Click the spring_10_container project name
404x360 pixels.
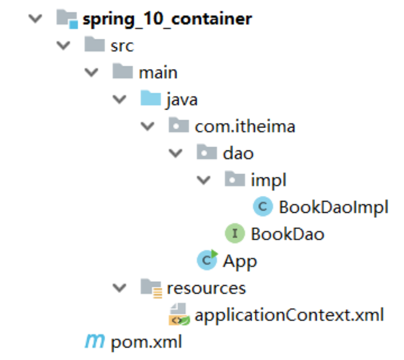tap(167, 20)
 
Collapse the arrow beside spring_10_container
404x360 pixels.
tap(35, 19)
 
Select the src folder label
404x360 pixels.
tap(122, 46)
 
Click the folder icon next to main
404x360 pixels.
tap(123, 71)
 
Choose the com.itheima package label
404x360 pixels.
tap(245, 127)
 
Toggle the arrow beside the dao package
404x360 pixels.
tap(176, 153)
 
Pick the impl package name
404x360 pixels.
tap(268, 180)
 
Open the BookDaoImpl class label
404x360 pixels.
tap(334, 208)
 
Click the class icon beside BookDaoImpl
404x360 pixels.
tap(263, 206)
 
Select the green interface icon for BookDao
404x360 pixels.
tap(235, 233)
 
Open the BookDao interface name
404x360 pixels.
tap(288, 234)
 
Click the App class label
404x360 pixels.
tap(240, 262)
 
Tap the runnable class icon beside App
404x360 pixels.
tap(207, 260)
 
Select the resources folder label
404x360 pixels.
tap(206, 288)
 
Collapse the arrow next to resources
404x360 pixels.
tap(120, 288)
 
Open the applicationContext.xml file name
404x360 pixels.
tap(289, 315)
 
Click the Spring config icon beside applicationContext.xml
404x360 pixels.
tap(179, 314)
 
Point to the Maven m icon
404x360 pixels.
tap(95, 341)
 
